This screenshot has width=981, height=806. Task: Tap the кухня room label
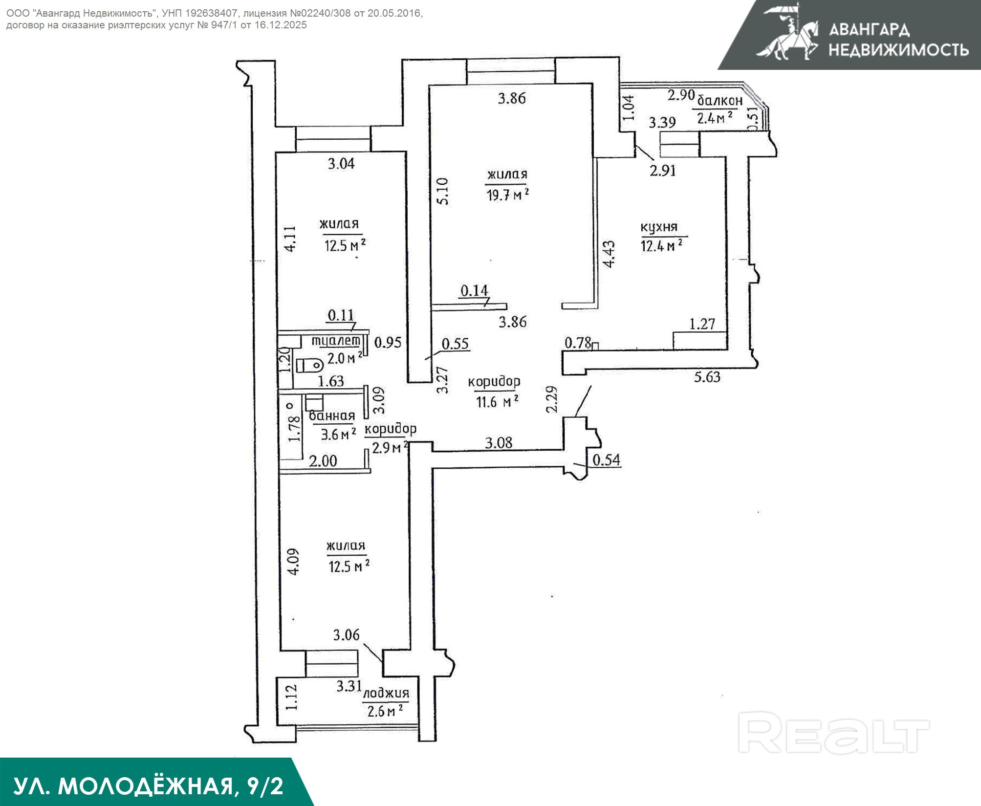[659, 228]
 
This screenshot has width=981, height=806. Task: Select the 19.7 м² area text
[507, 195]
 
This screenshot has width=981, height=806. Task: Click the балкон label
[719, 101]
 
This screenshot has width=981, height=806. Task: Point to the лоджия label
[386, 694]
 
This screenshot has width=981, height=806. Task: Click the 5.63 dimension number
[707, 377]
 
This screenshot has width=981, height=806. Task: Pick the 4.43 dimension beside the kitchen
[609, 254]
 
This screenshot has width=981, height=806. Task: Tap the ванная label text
[332, 416]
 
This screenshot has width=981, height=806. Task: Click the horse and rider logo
[787, 32]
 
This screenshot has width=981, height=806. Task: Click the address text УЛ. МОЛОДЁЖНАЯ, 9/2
[148, 786]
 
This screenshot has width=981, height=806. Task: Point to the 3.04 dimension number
[341, 164]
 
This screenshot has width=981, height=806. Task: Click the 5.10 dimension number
[442, 191]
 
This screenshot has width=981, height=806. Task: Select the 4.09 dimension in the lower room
[293, 562]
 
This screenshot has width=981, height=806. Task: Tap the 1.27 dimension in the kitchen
[702, 324]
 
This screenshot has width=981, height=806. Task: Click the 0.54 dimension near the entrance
[606, 460]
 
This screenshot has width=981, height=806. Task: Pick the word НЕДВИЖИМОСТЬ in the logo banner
[898, 49]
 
